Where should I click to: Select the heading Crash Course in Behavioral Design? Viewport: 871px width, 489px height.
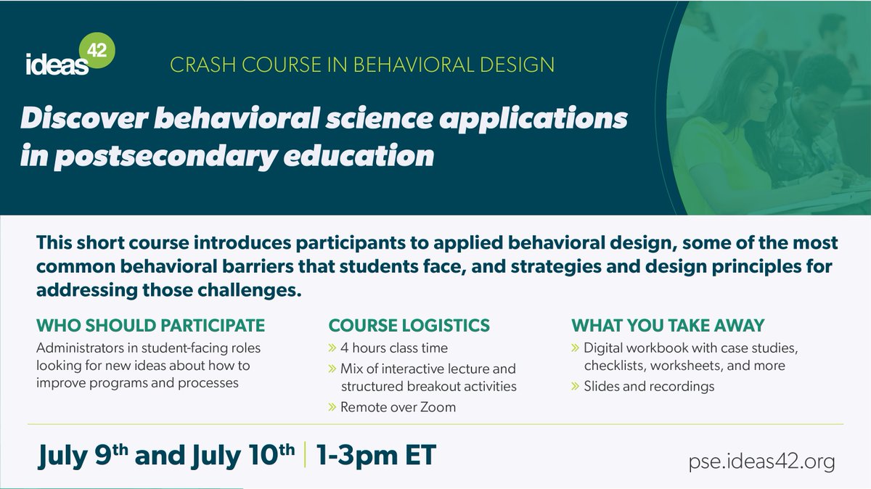click(x=361, y=65)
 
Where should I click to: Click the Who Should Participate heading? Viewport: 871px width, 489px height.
click(x=151, y=324)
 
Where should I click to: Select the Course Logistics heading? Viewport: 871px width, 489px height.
click(x=409, y=324)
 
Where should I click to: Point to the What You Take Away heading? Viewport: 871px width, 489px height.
click(x=668, y=324)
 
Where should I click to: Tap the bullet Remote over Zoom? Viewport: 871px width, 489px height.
click(x=398, y=407)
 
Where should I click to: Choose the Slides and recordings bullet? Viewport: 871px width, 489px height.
click(x=648, y=386)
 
